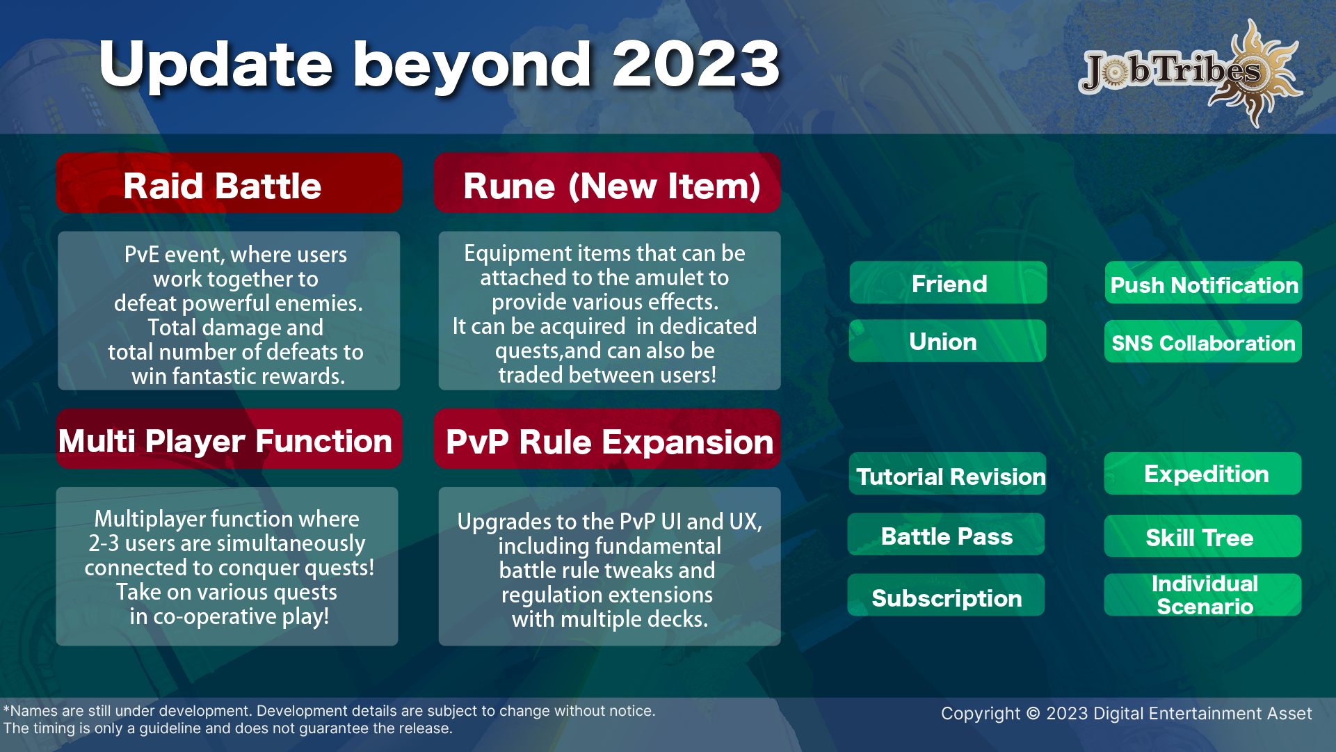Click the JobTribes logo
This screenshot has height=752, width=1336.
coord(1191,72)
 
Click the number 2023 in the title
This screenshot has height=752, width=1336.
coord(695,64)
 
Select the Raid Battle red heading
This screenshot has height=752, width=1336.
coord(230,183)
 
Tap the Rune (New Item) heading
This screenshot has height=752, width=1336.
coord(607,183)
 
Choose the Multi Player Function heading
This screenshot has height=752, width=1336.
coord(230,439)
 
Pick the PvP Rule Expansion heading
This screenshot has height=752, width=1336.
coord(607,439)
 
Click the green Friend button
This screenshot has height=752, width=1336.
coord(948,282)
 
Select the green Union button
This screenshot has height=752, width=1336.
coord(948,341)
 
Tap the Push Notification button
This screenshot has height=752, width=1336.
coord(1203,282)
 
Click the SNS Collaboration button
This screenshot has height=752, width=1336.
coord(1203,341)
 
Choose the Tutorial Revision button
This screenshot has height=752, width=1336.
coord(948,474)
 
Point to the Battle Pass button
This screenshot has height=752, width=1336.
coord(947,534)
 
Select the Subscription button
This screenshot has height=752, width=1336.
coord(947,595)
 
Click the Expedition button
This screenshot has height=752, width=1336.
coord(1203,474)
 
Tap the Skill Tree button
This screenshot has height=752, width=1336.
coord(1203,536)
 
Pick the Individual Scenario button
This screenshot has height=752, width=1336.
coord(1203,595)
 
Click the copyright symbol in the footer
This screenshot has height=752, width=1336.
coord(1033,714)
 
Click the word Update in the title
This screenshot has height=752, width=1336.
coord(216,65)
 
